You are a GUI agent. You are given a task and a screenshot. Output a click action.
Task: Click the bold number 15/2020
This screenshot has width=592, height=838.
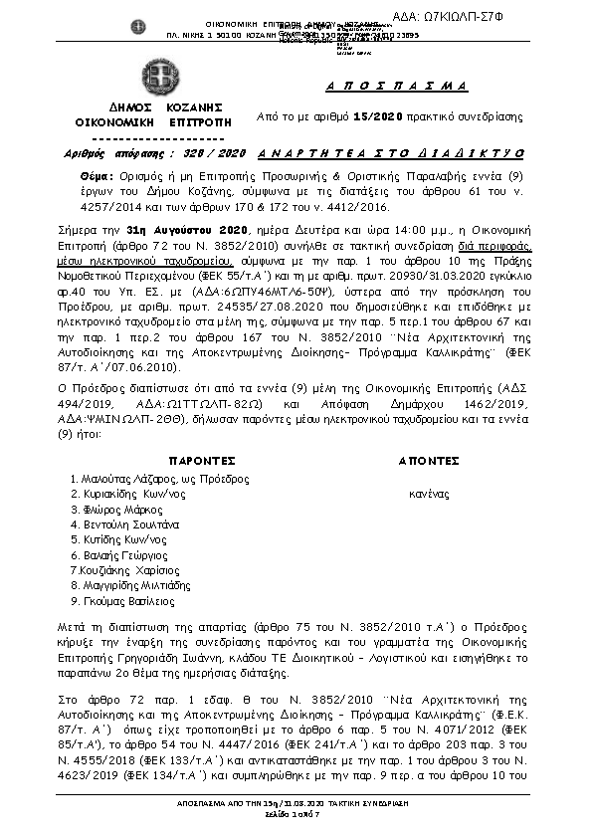pyautogui.click(x=377, y=116)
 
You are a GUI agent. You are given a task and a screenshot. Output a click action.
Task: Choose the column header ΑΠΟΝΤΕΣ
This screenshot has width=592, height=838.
pyautogui.click(x=428, y=462)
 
